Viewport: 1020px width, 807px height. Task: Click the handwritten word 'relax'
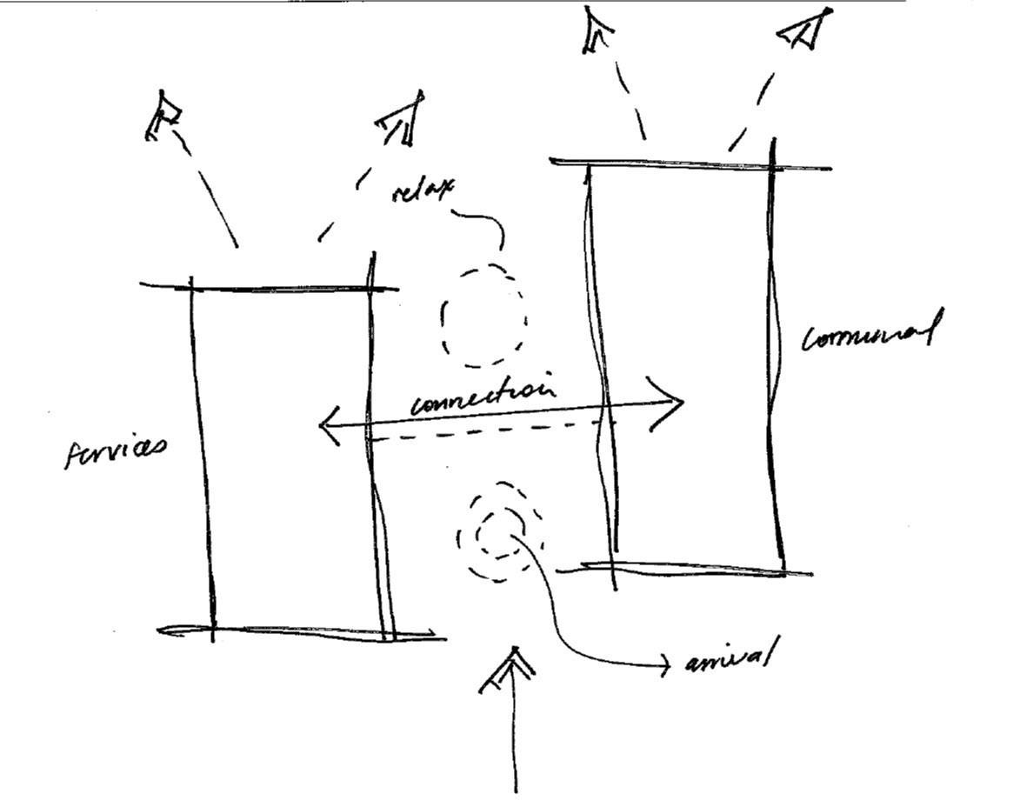point(423,190)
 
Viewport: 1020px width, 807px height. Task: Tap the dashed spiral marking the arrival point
point(497,531)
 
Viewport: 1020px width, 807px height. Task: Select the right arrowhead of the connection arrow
point(671,403)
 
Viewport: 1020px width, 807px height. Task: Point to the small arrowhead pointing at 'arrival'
point(665,667)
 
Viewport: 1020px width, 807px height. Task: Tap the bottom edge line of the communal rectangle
point(687,569)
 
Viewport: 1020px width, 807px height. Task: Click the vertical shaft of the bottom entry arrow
point(516,739)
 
